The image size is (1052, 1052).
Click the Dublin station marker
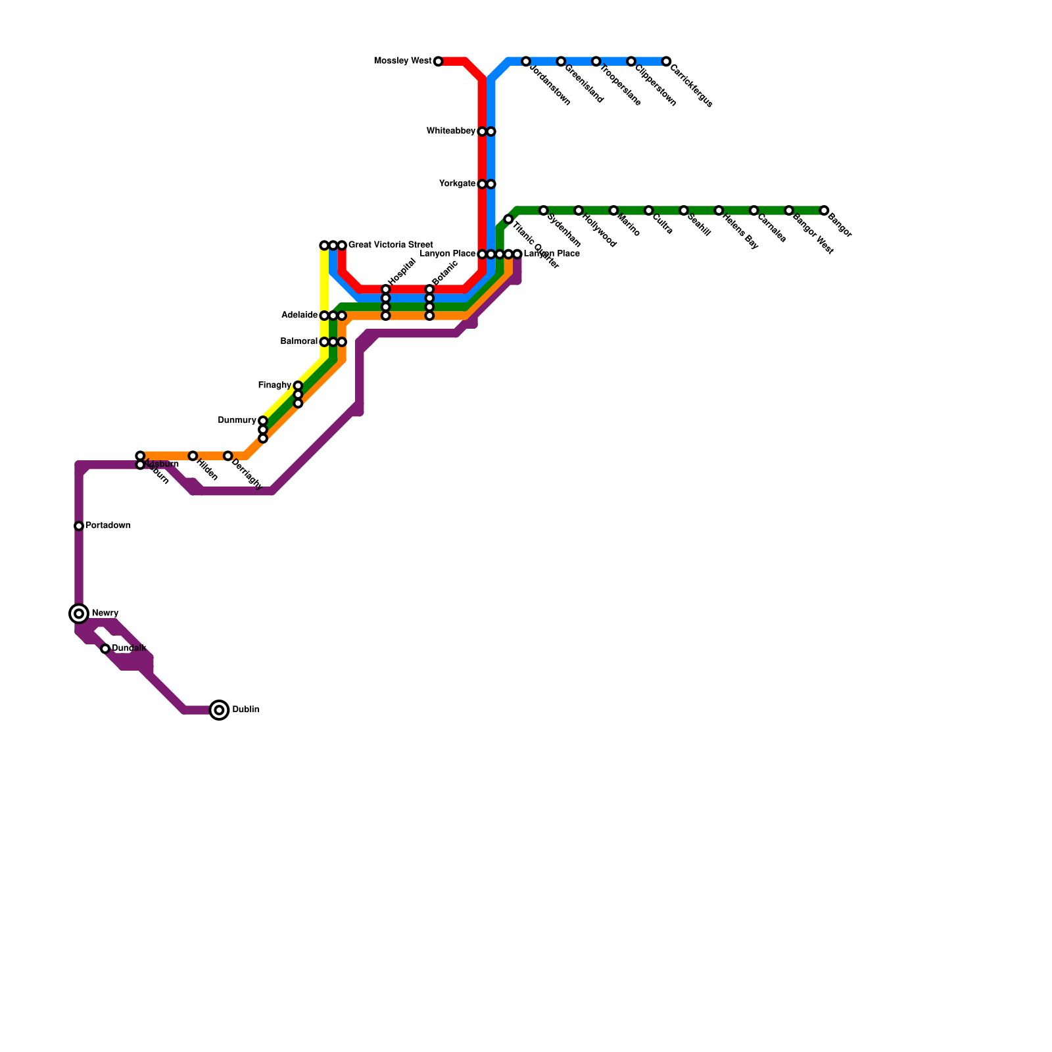(x=220, y=710)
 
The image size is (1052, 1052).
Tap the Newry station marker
(x=79, y=613)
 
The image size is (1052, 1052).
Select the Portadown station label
(x=108, y=526)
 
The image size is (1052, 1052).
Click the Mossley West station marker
(x=439, y=61)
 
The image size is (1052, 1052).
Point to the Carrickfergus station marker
(x=666, y=61)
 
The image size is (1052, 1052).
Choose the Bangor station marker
(x=824, y=210)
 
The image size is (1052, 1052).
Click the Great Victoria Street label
(x=390, y=245)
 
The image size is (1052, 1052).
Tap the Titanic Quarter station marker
(x=508, y=219)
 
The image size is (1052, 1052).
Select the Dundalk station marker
(x=105, y=649)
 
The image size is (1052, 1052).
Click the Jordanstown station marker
(x=526, y=61)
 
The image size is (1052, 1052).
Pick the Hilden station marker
(x=193, y=456)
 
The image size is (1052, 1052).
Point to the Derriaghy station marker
(x=227, y=456)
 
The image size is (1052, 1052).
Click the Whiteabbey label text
(x=450, y=131)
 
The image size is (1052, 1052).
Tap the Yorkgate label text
(x=457, y=184)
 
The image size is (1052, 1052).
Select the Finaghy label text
(x=274, y=385)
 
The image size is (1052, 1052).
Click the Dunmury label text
(x=237, y=420)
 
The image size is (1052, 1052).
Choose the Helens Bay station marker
(x=719, y=210)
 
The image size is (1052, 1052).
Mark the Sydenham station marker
(x=543, y=210)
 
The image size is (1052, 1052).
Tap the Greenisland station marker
(x=561, y=61)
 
